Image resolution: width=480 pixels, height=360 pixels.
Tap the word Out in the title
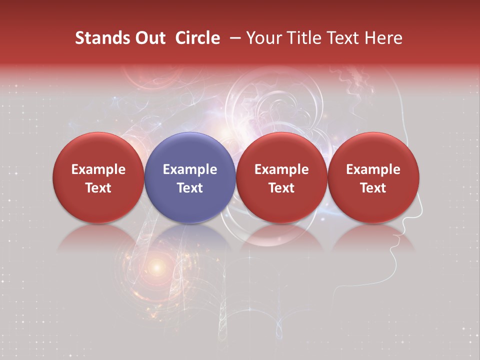click(x=148, y=38)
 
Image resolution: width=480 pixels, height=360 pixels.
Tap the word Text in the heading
click(x=344, y=38)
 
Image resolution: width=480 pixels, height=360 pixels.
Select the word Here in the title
click(x=384, y=38)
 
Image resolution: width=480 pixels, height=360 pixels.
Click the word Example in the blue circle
click(x=190, y=169)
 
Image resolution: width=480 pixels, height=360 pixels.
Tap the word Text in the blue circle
click(x=190, y=188)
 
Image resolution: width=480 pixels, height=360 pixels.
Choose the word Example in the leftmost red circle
click(x=98, y=169)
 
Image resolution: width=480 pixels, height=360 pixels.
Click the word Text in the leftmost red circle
click(x=98, y=188)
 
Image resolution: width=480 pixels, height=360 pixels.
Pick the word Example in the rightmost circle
click(x=373, y=169)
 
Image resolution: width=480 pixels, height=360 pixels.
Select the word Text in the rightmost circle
click(x=373, y=188)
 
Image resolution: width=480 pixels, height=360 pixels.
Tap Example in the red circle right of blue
click(x=281, y=169)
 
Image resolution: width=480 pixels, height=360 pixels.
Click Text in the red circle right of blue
click(x=281, y=188)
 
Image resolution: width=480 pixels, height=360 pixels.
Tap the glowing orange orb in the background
click(x=157, y=268)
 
